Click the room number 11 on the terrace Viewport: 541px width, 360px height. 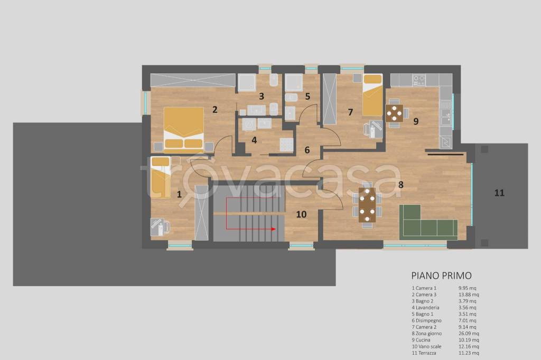coord(499,193)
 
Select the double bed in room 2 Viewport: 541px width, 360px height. coord(183,130)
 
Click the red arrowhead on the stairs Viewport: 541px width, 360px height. coord(273,229)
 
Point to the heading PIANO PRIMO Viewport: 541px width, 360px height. coord(441,276)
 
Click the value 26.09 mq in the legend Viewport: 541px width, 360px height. coord(469,334)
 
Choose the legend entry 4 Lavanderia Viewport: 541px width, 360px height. coord(425,308)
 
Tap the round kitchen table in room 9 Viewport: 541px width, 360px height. coord(394,112)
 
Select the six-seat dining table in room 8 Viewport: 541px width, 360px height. coord(367,205)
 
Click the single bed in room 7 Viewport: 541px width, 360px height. coord(372,95)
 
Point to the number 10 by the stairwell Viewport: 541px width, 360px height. coord(301,214)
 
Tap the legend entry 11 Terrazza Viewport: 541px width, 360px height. coord(424,353)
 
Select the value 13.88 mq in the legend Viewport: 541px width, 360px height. coord(469,295)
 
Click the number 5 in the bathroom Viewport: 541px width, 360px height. coord(307,97)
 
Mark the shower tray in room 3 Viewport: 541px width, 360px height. coord(247,82)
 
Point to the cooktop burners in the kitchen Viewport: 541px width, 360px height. coord(419,80)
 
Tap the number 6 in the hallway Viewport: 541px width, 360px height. coord(307,150)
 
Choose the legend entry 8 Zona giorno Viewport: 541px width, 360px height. coord(427,334)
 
